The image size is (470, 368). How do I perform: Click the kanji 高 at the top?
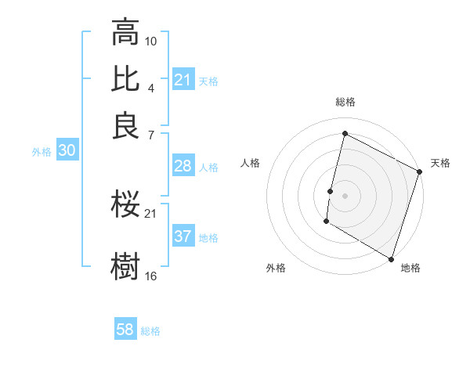coord(125,33)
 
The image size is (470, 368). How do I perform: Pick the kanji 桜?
coord(125,205)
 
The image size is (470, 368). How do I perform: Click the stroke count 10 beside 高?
coord(151,41)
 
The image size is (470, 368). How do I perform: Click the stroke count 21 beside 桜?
coord(151,213)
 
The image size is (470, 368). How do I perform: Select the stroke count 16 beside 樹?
coord(151,276)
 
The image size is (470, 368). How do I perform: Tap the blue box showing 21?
coord(183,80)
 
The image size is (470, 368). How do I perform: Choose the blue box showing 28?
coord(183,166)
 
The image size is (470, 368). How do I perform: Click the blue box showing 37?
coord(183,236)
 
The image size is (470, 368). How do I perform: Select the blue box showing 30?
coord(67,151)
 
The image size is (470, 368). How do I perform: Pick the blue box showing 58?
coord(125,330)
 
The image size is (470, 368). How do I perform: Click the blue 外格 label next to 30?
coord(42,152)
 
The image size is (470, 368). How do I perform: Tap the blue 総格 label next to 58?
coord(150,331)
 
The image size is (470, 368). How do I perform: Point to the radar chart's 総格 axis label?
coord(345,103)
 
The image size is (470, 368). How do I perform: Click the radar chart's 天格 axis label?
coord(440,163)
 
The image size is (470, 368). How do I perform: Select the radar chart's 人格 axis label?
coord(251,163)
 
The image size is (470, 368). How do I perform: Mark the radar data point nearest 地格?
coord(391,258)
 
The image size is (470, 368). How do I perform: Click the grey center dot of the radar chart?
coord(345,194)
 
